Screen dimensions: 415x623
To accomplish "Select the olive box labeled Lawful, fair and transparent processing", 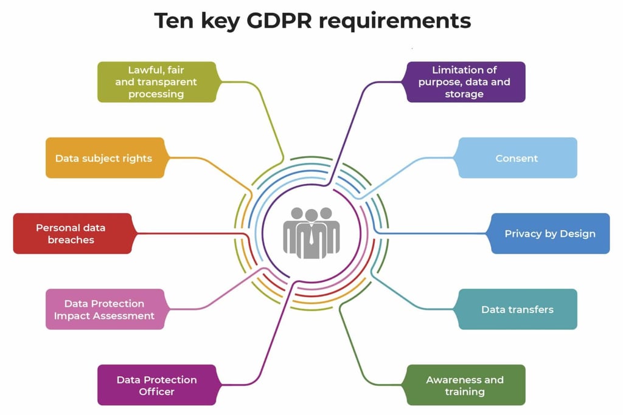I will [156, 82].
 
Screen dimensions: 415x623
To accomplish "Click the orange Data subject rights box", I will [105, 158].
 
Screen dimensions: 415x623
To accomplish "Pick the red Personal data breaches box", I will [72, 233].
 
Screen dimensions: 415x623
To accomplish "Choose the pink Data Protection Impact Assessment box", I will [105, 309].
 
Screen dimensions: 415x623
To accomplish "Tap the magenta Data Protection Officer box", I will [156, 385].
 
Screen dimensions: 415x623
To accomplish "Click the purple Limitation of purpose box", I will [465, 82].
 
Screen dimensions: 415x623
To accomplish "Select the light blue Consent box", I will [517, 158].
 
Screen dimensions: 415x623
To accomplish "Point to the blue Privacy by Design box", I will [550, 233].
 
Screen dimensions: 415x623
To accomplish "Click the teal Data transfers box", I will [517, 309].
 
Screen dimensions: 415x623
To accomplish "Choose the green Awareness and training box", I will [465, 385].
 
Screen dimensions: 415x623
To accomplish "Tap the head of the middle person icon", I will [311, 215].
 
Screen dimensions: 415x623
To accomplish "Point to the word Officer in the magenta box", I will [156, 392].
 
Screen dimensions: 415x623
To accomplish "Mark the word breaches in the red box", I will [71, 240].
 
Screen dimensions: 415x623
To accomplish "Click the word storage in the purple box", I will [464, 94].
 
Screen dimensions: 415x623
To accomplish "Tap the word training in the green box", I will [465, 392].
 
